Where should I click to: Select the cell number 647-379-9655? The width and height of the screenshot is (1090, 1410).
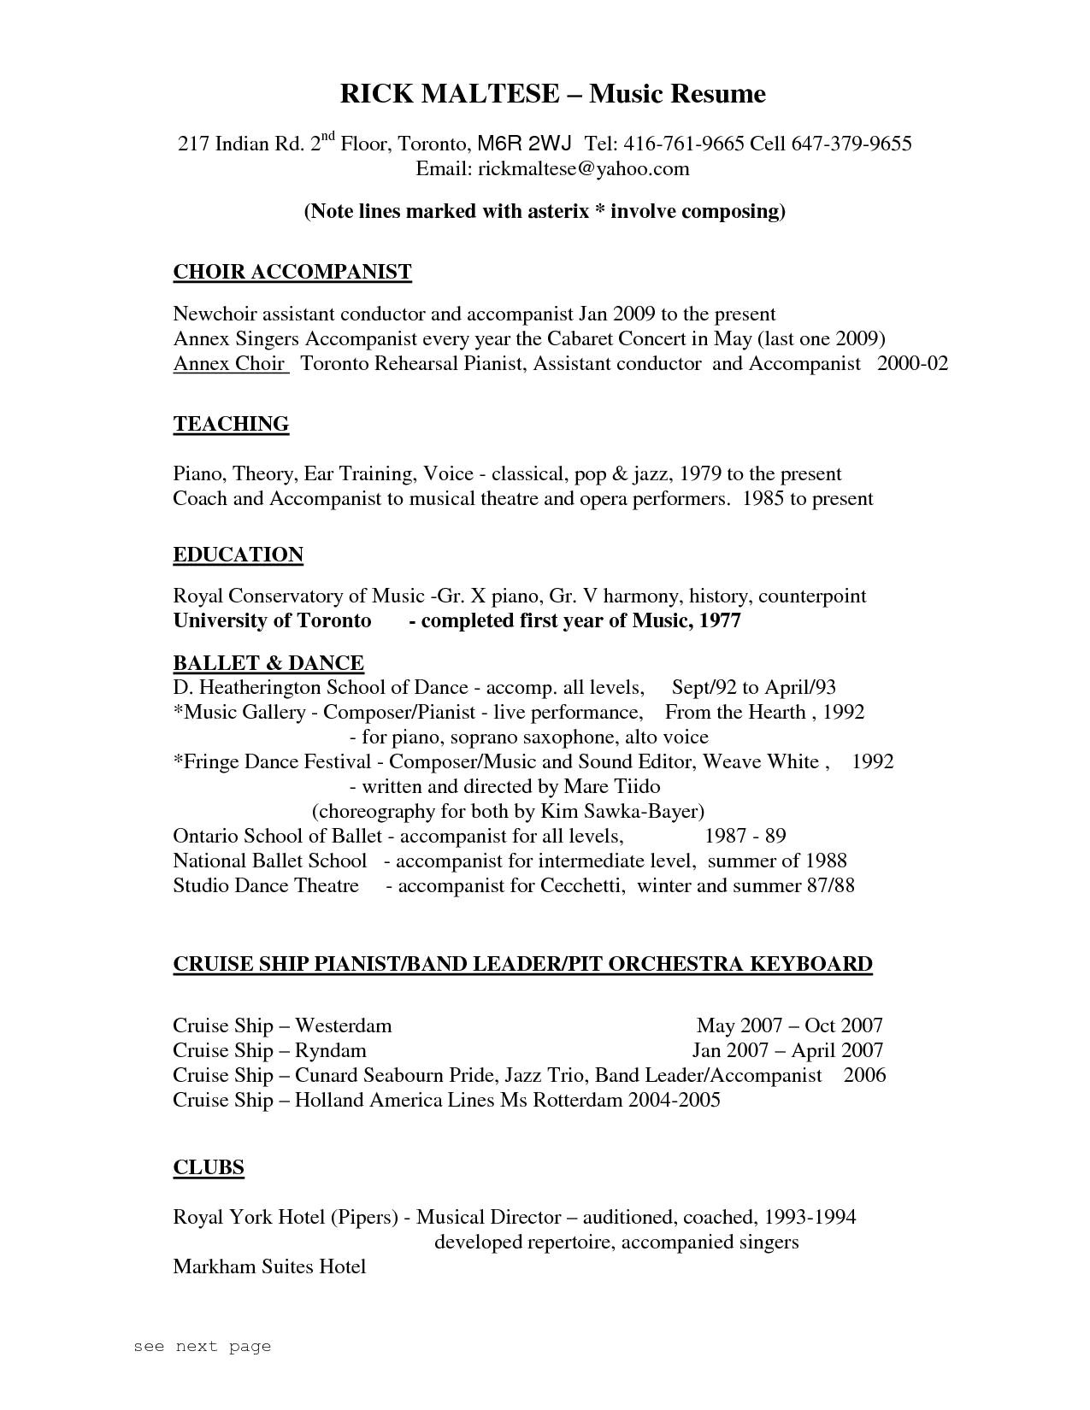tap(851, 144)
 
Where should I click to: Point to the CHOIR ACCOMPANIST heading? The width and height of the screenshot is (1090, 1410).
tap(292, 273)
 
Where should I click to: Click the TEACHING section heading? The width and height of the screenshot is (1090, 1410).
tap(231, 425)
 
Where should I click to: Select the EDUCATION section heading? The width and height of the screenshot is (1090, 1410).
tap(238, 555)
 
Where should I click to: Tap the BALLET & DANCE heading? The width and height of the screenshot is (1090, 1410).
tap(268, 663)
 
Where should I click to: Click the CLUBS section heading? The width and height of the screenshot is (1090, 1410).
tap(209, 1168)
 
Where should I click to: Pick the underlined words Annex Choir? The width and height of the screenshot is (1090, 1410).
tap(229, 364)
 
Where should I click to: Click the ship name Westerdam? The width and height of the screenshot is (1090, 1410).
tap(343, 1025)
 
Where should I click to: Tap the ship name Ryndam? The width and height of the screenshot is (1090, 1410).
tap(330, 1050)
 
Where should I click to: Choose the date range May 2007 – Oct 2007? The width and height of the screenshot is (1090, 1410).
tap(789, 1025)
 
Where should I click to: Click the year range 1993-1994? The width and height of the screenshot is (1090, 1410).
tap(810, 1217)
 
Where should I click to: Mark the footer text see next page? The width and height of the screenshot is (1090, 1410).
tap(202, 1347)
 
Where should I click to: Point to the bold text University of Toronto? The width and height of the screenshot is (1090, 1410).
tap(272, 621)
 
